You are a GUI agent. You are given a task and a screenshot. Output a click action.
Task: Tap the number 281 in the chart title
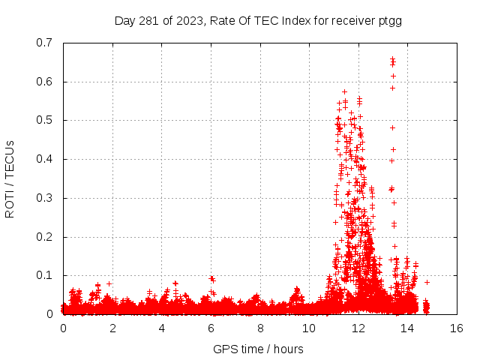pos(148,21)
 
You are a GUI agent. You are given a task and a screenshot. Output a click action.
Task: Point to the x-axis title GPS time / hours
pos(259,349)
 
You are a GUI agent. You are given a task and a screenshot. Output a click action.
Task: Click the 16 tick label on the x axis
pos(456,328)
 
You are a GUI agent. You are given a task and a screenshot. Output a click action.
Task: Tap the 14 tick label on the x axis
pos(407,328)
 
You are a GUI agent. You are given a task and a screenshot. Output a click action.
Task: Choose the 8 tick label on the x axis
pos(259,328)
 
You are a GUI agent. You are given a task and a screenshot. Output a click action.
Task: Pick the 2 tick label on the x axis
pos(112,328)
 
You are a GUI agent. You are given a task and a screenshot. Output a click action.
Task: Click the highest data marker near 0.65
pos(392,59)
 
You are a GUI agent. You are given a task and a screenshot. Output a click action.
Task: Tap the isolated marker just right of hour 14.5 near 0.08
pos(427,282)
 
